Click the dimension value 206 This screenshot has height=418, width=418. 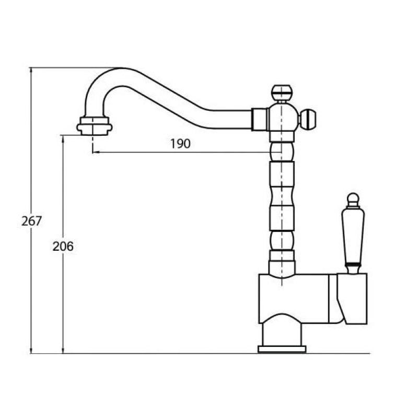coord(63,246)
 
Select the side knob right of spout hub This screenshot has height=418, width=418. coord(309,119)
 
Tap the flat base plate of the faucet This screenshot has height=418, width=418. coord(282,349)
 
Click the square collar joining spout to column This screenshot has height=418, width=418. coord(260,119)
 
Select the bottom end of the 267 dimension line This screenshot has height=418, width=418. coord(31,353)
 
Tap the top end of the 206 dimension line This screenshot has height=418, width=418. coord(63,135)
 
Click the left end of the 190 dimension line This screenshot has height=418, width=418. coord(94,153)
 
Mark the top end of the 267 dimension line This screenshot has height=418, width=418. coord(31,68)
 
